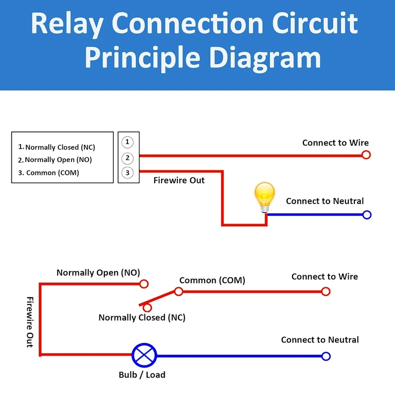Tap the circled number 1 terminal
coord(128,142)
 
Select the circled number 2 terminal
coord(128,158)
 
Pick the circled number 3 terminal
coord(128,173)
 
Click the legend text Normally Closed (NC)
coord(60,147)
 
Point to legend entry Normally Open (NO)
coord(58,160)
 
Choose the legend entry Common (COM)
coord(52,173)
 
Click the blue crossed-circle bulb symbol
coord(144,355)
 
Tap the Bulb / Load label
coord(142,375)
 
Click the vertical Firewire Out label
coord(30,321)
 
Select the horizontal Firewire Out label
coord(179,181)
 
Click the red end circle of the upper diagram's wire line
coord(366,155)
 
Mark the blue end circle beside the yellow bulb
coord(367,215)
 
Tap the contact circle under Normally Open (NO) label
coord(144,283)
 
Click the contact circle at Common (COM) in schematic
coord(178,292)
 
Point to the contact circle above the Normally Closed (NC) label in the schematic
coord(148,308)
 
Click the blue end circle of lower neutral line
coord(325,356)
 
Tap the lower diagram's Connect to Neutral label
coord(320,340)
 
